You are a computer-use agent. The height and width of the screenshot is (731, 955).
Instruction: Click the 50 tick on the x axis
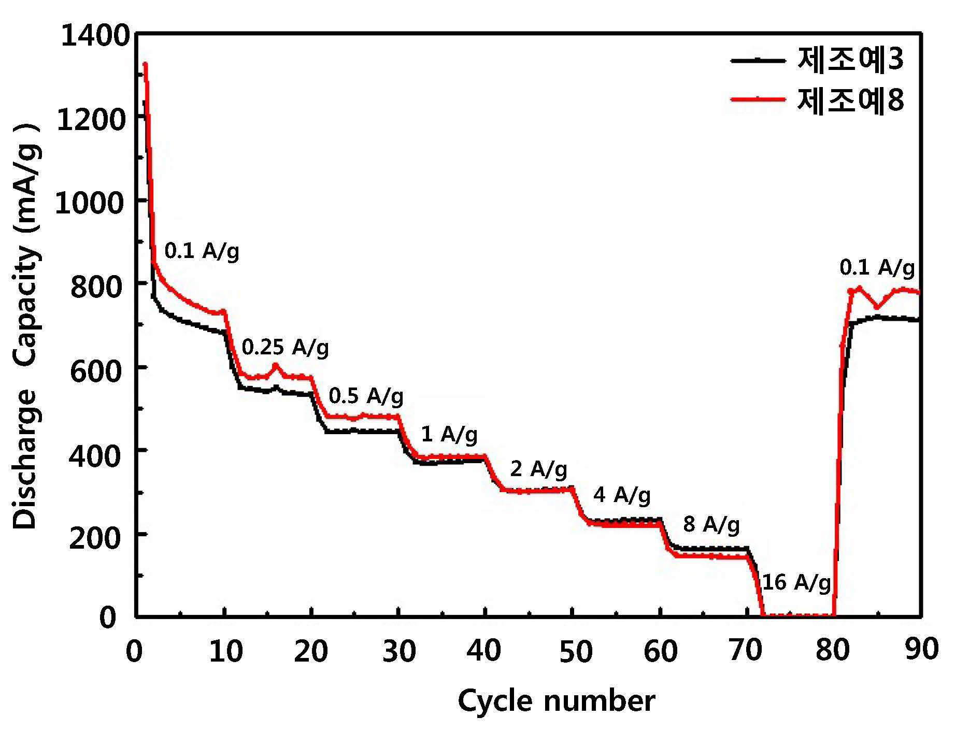point(576,651)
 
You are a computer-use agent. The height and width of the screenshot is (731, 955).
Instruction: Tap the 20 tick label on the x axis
point(311,651)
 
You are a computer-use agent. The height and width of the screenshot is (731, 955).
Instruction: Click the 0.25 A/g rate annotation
point(286,348)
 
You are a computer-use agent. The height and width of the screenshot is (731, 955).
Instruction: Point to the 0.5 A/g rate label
point(366,396)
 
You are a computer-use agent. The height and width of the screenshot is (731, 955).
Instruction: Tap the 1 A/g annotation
point(449,434)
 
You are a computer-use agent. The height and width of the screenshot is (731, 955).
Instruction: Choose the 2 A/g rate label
point(539,469)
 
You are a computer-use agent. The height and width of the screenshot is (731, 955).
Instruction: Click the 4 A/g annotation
point(622,495)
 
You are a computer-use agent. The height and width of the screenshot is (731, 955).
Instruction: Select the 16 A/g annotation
point(796,583)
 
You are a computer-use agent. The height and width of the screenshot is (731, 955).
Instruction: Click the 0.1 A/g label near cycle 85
point(877,268)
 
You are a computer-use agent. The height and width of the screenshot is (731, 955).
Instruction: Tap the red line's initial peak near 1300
point(146,64)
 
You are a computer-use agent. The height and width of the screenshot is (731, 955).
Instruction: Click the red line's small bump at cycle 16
point(275,365)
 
